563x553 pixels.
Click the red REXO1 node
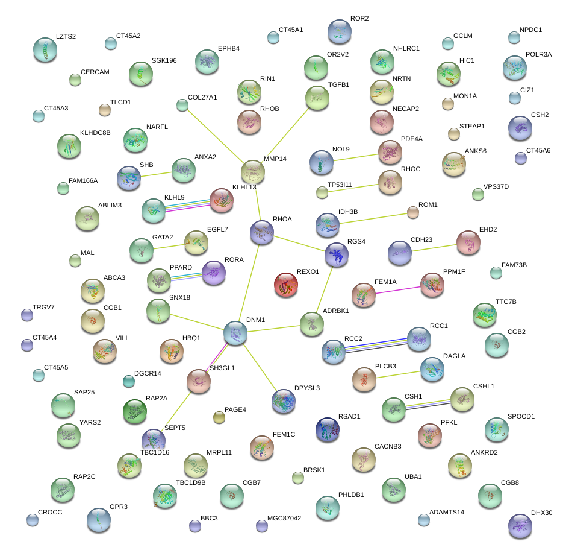coord(285,285)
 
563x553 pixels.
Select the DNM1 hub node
coord(235,333)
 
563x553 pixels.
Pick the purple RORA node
coord(214,273)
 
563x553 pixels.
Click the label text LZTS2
coord(66,37)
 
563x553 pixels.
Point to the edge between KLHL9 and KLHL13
coord(187,206)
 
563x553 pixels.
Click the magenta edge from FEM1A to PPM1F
coord(397,290)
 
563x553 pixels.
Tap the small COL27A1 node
coord(182,106)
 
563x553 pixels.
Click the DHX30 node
coord(520,525)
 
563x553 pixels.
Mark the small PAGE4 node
coord(219,417)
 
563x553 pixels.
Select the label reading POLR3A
coord(538,54)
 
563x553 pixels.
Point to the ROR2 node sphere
coord(340,32)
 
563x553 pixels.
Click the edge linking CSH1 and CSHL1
coord(428,404)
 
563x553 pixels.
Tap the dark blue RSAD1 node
coord(327,429)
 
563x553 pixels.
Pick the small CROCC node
coord(33,519)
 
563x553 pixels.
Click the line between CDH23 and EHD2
coord(434,248)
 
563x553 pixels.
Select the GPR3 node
coord(99,520)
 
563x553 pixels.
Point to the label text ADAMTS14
coord(447,512)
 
